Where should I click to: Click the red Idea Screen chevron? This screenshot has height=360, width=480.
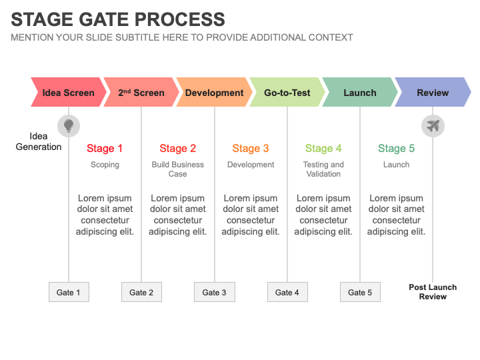[69, 93]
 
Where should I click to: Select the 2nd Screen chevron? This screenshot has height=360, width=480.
[141, 93]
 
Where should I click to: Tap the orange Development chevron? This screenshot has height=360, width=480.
[214, 93]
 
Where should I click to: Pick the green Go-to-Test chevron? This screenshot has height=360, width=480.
[287, 93]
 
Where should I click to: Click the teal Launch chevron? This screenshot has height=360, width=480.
[360, 93]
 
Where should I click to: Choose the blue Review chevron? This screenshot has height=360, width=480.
[433, 93]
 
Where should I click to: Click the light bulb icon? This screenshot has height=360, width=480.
[68, 125]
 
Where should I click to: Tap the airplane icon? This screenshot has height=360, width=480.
[433, 125]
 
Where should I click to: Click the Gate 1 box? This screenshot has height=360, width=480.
[69, 292]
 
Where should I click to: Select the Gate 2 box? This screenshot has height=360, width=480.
[141, 292]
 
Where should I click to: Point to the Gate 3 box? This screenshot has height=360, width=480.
[214, 292]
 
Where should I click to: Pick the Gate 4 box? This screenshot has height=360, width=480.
[287, 292]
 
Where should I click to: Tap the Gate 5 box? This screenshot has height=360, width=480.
[360, 292]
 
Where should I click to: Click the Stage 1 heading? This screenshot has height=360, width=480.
[105, 149]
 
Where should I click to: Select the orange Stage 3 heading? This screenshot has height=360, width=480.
[251, 149]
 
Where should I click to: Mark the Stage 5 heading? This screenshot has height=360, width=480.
[396, 149]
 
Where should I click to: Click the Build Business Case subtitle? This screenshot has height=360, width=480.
[178, 169]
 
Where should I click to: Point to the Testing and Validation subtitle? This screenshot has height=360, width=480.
[323, 169]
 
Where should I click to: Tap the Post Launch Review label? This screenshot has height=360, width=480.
[433, 292]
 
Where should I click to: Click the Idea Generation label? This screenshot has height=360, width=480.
[39, 141]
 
